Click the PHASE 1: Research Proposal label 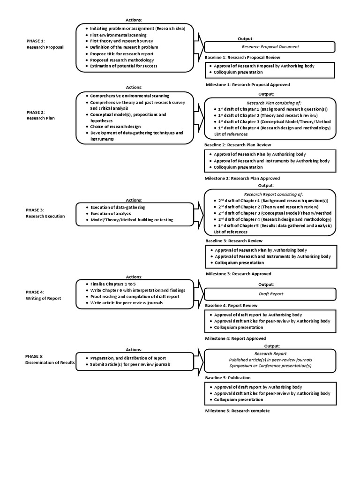pyautogui.click(x=45, y=44)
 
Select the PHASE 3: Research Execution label pyautogui.click(x=45, y=213)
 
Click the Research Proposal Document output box pyautogui.click(x=270, y=47)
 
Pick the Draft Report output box pyautogui.click(x=270, y=294)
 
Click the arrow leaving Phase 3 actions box pyautogui.click(x=199, y=213)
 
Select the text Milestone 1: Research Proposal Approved pyautogui.click(x=247, y=85)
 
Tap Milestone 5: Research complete pyautogui.click(x=238, y=411)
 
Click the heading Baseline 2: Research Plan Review pyautogui.click(x=238, y=145)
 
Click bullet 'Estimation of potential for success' pyautogui.click(x=124, y=66)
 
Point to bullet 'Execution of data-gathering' pyautogui.click(x=118, y=207)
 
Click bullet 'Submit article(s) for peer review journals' pyautogui.click(x=130, y=364)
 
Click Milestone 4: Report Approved pyautogui.click(x=235, y=338)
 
